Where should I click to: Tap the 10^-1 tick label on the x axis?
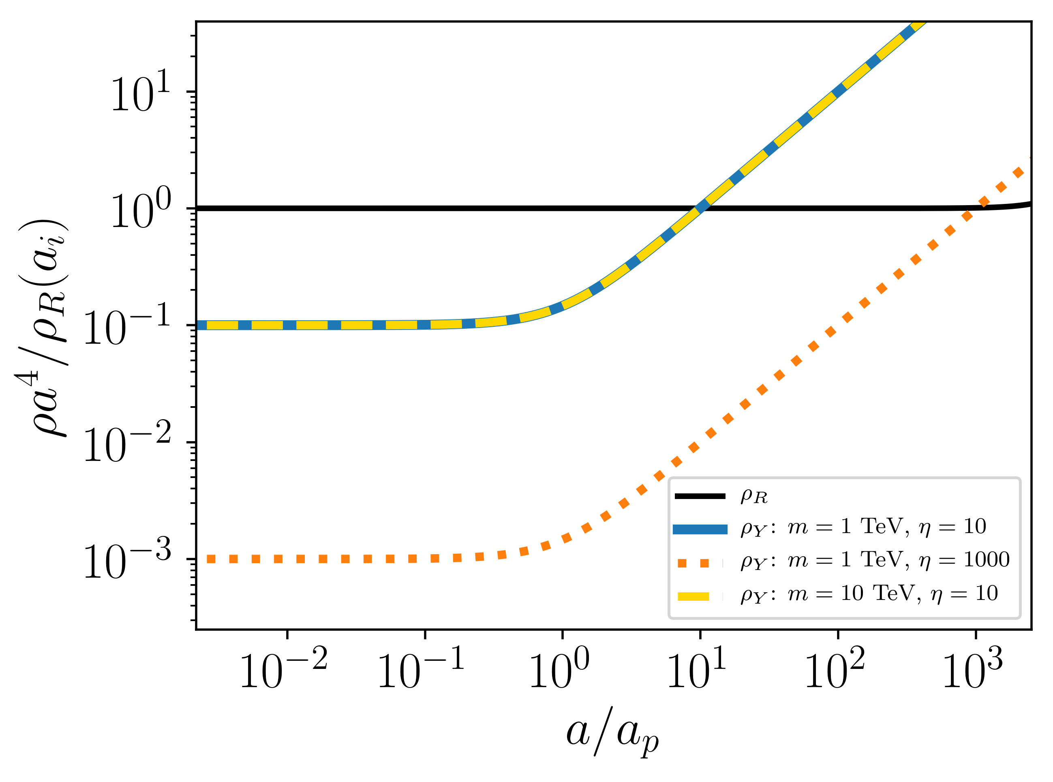point(421,669)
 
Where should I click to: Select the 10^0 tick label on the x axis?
point(559,669)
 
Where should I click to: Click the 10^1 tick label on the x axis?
point(697,669)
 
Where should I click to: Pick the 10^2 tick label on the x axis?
point(835,669)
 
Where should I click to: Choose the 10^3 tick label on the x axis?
point(973,669)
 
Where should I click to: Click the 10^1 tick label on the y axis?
point(141,91)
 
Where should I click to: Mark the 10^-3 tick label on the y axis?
point(127,559)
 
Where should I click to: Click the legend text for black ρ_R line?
point(754,496)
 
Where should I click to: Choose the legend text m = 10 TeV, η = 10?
point(892,593)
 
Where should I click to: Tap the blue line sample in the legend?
point(700,529)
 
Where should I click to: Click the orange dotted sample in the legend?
point(700,563)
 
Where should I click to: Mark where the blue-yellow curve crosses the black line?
point(700,208)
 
